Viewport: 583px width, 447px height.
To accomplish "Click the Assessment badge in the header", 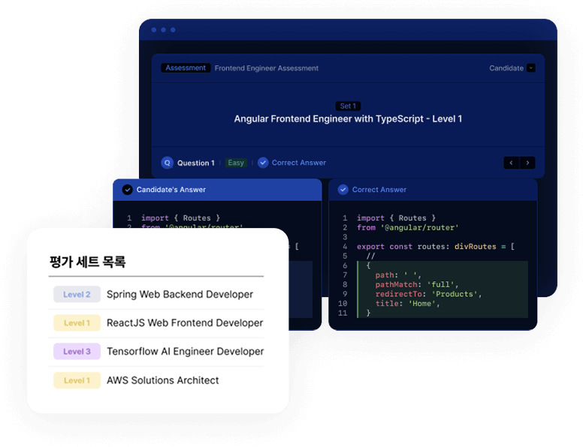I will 186,68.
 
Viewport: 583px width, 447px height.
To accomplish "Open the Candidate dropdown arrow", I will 531,68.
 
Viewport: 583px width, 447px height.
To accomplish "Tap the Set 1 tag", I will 348,106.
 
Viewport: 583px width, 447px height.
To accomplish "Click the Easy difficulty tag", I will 236,163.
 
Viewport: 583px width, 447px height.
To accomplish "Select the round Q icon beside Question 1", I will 168,163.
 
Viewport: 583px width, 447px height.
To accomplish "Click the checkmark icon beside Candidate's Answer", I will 127,190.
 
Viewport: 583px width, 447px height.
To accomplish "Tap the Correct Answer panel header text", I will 379,190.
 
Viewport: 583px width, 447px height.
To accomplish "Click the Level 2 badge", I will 77,295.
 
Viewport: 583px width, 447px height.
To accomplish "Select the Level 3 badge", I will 77,352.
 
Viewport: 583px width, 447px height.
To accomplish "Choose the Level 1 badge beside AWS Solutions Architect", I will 77,380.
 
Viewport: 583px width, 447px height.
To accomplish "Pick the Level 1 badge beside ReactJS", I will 77,323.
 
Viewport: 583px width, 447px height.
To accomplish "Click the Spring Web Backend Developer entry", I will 180,295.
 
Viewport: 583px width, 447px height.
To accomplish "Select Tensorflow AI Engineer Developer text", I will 185,352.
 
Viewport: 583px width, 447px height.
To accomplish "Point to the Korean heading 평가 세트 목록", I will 87,262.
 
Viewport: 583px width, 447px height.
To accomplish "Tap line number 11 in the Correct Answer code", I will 343,313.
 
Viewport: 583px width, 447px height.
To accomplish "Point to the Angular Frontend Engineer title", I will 348,119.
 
